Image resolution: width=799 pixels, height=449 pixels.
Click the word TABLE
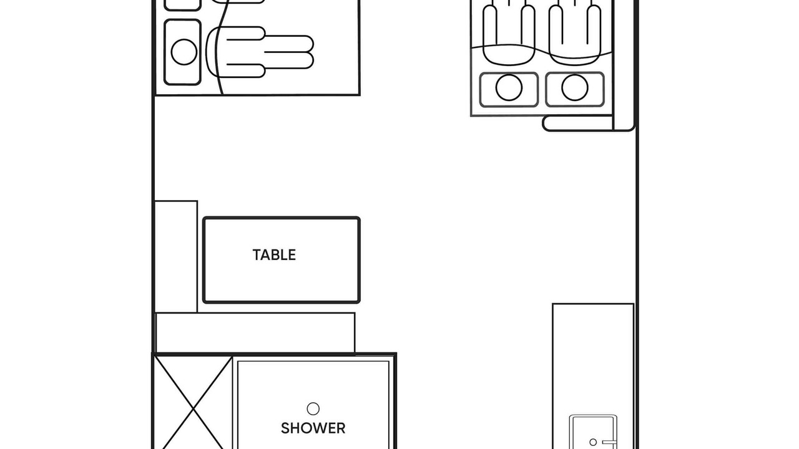click(274, 255)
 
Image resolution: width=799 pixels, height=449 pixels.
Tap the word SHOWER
click(313, 428)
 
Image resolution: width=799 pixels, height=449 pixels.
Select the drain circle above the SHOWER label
click(313, 408)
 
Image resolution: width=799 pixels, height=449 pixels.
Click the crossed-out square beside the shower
click(193, 403)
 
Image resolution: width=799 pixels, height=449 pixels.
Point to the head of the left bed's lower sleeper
click(184, 52)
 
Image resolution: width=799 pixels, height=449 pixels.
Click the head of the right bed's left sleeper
click(509, 87)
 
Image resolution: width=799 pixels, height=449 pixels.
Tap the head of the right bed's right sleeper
click(575, 87)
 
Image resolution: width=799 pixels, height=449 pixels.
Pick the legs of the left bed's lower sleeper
click(289, 52)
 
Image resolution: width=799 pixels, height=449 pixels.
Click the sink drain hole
click(593, 442)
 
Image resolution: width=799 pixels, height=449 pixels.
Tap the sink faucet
click(609, 442)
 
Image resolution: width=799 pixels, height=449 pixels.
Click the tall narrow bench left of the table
click(176, 256)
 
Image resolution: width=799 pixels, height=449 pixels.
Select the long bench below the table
click(255, 333)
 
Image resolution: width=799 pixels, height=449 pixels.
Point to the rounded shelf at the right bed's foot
click(578, 123)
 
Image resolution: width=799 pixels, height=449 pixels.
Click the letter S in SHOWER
click(285, 428)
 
